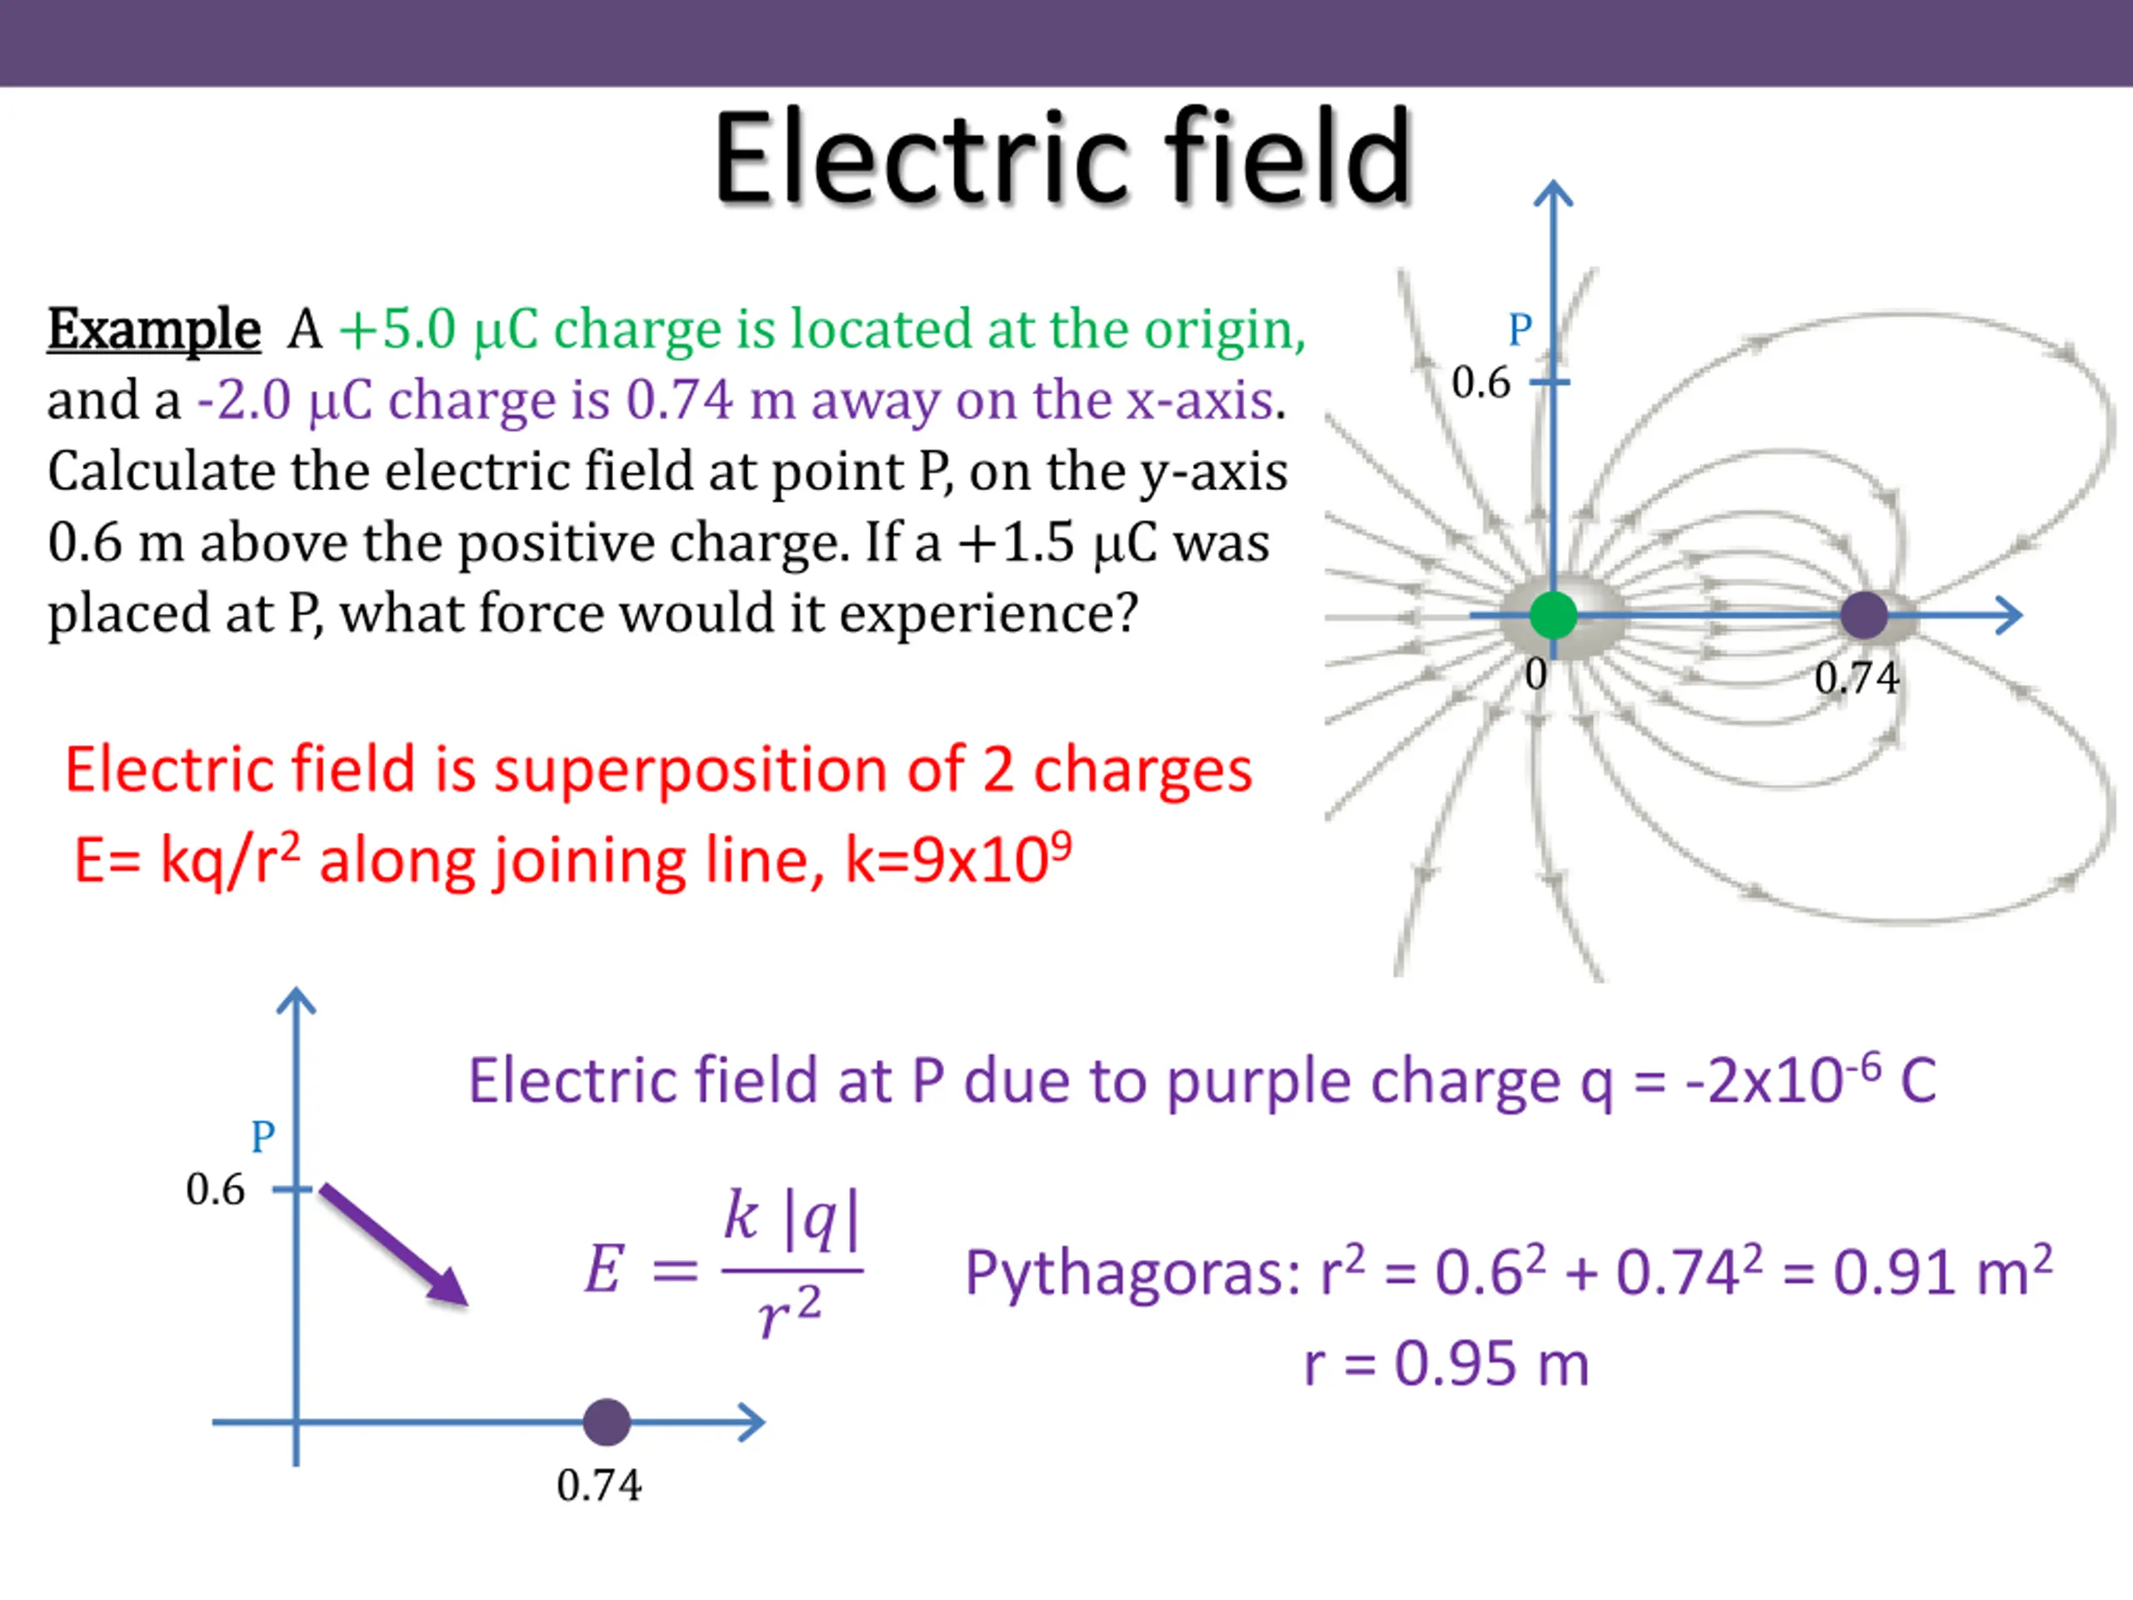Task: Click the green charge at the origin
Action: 1552,615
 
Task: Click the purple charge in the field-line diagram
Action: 1863,615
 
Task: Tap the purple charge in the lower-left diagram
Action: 607,1422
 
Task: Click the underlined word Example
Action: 154,330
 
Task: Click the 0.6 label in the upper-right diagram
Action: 1480,382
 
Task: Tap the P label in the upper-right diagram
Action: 1520,330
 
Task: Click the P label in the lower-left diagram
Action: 262,1137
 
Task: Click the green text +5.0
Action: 397,330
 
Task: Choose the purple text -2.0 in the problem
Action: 244,400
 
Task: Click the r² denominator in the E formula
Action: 789,1312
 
